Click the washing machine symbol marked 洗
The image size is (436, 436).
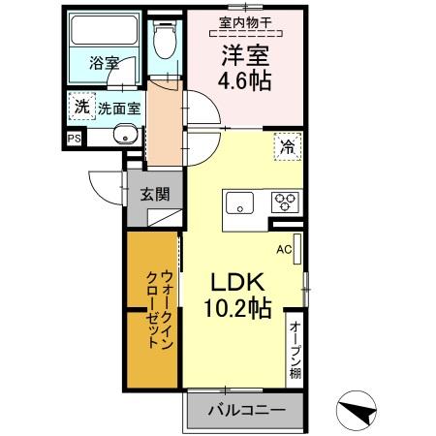[x=80, y=108]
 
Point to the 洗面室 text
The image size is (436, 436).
[x=120, y=109]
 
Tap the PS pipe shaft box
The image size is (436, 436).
[x=74, y=138]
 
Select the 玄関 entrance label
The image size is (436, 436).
[x=154, y=193]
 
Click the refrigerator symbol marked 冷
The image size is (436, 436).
[x=287, y=147]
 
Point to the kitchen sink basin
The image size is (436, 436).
[x=239, y=203]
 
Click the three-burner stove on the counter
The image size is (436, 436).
[x=285, y=202]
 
